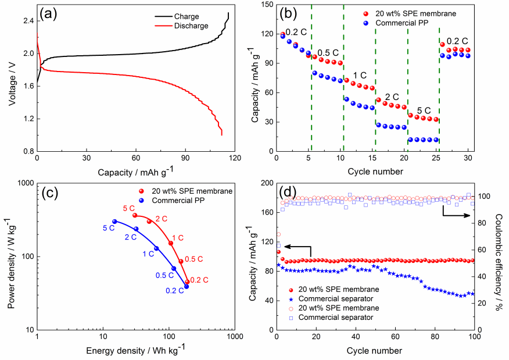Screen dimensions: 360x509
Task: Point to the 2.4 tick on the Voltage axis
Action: point(28,21)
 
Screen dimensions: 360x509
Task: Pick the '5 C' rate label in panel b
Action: point(422,110)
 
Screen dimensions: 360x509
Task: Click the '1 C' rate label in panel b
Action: point(360,76)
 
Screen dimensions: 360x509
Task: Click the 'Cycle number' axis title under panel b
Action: point(372,172)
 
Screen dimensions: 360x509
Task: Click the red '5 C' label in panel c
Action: point(129,208)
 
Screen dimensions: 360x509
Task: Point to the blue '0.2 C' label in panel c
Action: point(174,291)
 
